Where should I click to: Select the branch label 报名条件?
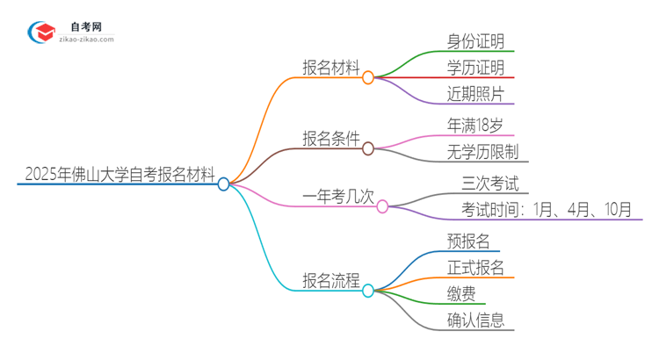(330, 138)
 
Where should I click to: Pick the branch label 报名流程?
(330, 280)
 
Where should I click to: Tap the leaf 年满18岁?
(474, 125)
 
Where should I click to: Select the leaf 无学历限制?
(481, 151)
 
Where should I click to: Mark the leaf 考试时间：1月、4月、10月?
(546, 208)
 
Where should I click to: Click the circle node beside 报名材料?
(368, 77)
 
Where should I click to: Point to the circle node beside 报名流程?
(368, 290)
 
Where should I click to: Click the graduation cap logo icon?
(42, 33)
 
